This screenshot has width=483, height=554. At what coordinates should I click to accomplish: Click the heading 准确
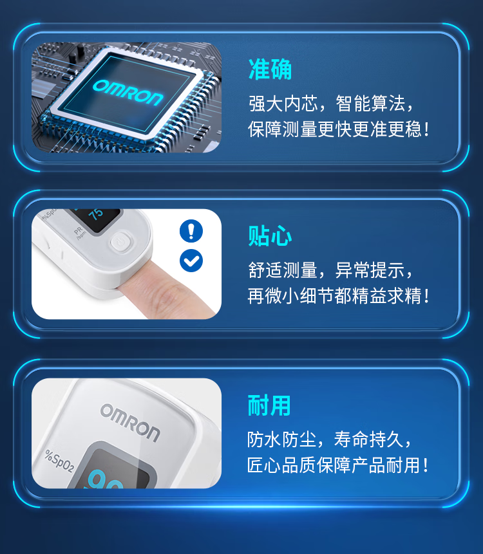pos(270,69)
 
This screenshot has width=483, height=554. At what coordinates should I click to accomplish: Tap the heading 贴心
pos(270,235)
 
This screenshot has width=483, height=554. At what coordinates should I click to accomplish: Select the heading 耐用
pos(269,405)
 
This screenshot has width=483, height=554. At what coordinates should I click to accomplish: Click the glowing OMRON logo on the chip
pos(128,93)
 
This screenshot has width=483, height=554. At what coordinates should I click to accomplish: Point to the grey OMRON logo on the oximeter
pos(130,422)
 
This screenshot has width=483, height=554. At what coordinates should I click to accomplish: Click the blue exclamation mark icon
pos(191,231)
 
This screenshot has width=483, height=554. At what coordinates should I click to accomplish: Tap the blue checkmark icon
pos(191,261)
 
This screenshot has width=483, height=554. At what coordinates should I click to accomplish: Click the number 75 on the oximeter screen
pos(96,214)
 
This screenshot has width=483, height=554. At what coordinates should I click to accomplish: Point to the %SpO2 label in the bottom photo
pos(59,461)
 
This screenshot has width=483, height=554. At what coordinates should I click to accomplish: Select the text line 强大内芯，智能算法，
pos(331,104)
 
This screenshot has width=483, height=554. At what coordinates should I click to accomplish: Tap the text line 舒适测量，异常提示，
pos(331,270)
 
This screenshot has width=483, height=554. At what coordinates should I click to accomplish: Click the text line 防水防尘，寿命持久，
pos(330,439)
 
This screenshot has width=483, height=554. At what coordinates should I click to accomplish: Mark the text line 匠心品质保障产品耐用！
pos(338,465)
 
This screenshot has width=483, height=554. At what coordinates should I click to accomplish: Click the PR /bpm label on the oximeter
pos(80,233)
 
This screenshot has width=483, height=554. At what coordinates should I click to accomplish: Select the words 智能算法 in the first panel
pos(370,104)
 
